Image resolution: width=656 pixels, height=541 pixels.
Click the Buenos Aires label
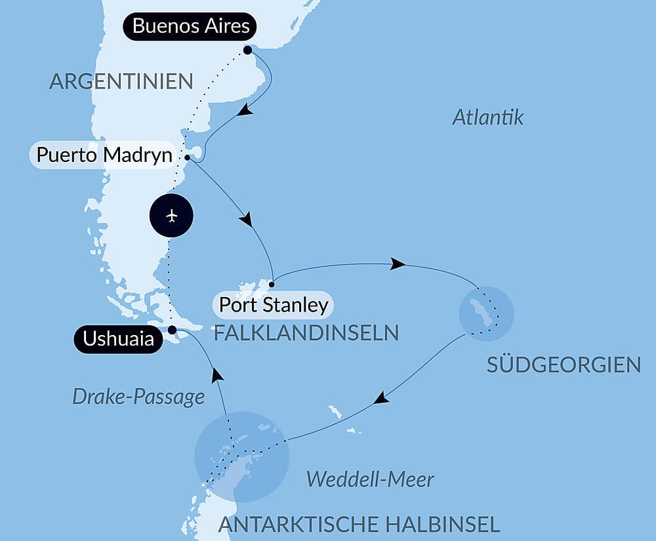[x=190, y=26]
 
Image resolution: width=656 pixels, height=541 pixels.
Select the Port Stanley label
[x=273, y=304]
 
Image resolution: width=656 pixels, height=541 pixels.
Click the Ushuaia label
[x=118, y=339]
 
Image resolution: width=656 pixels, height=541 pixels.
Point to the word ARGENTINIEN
[x=121, y=81]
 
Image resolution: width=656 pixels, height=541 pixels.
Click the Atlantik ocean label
[x=488, y=117]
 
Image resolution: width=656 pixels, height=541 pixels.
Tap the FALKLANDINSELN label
[x=306, y=332]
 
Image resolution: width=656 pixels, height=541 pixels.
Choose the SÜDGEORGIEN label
[x=564, y=365]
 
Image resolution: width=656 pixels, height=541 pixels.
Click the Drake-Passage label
[x=138, y=396]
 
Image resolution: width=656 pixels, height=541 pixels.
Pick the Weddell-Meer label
[x=370, y=479]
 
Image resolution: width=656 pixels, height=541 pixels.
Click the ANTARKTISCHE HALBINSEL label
[x=359, y=524]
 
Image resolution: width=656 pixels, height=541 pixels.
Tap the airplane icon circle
[x=171, y=215]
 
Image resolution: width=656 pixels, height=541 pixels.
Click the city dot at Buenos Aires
[x=247, y=50]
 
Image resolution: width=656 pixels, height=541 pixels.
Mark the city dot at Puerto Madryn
[x=188, y=157]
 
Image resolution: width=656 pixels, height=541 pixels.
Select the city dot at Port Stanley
[x=272, y=284]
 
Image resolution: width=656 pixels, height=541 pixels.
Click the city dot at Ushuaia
[x=172, y=329]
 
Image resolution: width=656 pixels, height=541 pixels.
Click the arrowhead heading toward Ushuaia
[x=216, y=374]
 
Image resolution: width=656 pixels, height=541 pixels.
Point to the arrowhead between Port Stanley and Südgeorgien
[x=396, y=264]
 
